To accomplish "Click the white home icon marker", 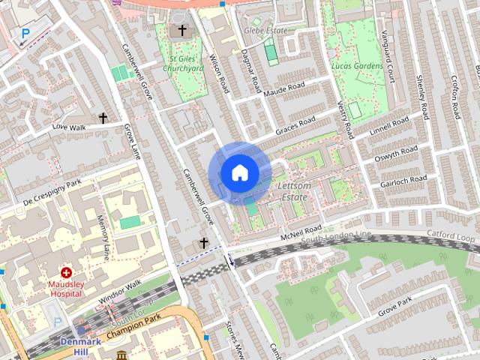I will [238, 173].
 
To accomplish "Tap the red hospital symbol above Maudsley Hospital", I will [67, 273].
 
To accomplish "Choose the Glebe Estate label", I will [265, 31].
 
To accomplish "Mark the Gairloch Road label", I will [403, 180].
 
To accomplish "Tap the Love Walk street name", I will [70, 127].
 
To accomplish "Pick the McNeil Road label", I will [301, 231].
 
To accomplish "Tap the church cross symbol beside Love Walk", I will [103, 118].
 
